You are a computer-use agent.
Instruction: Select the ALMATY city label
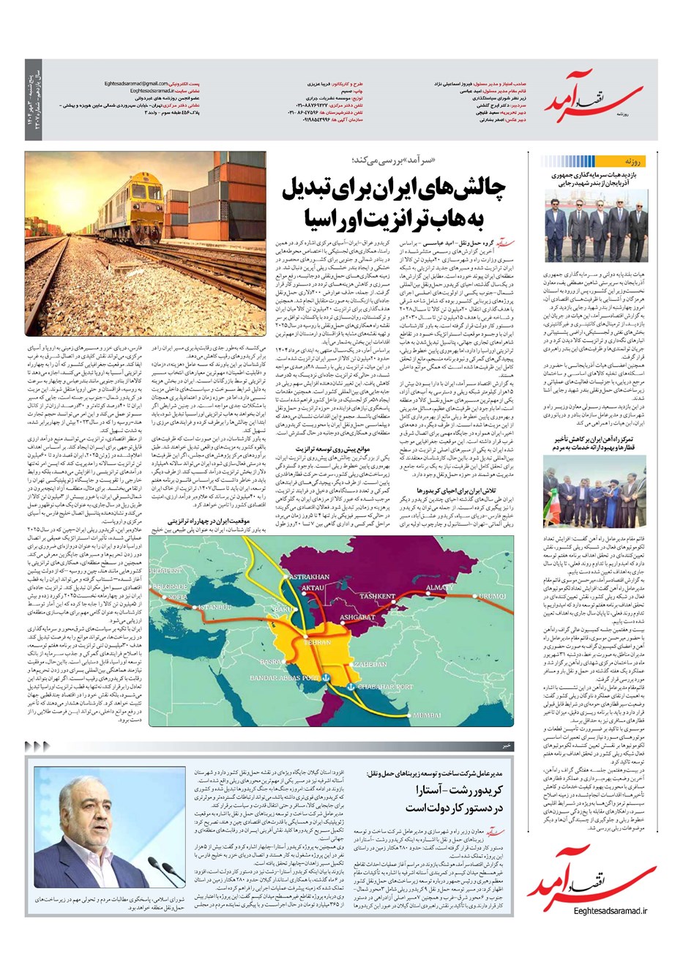[439, 588]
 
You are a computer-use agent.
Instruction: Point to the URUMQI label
[492, 597]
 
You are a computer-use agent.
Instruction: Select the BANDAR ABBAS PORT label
[284, 678]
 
